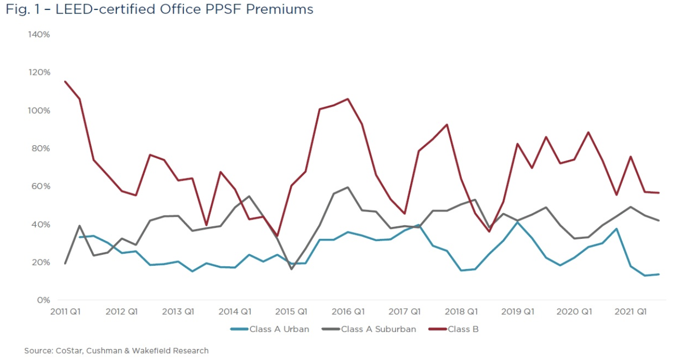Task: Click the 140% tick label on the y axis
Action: [x=39, y=35]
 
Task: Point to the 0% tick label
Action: [x=43, y=301]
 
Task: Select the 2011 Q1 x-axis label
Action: [x=65, y=312]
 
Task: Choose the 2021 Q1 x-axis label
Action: [x=631, y=312]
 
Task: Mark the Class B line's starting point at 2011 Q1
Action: [x=65, y=81]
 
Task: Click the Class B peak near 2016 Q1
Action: [x=348, y=99]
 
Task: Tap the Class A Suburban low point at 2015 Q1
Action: [x=291, y=269]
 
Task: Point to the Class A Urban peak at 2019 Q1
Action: [x=518, y=222]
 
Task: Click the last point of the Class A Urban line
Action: [x=659, y=274]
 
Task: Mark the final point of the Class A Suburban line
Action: [x=659, y=221]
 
